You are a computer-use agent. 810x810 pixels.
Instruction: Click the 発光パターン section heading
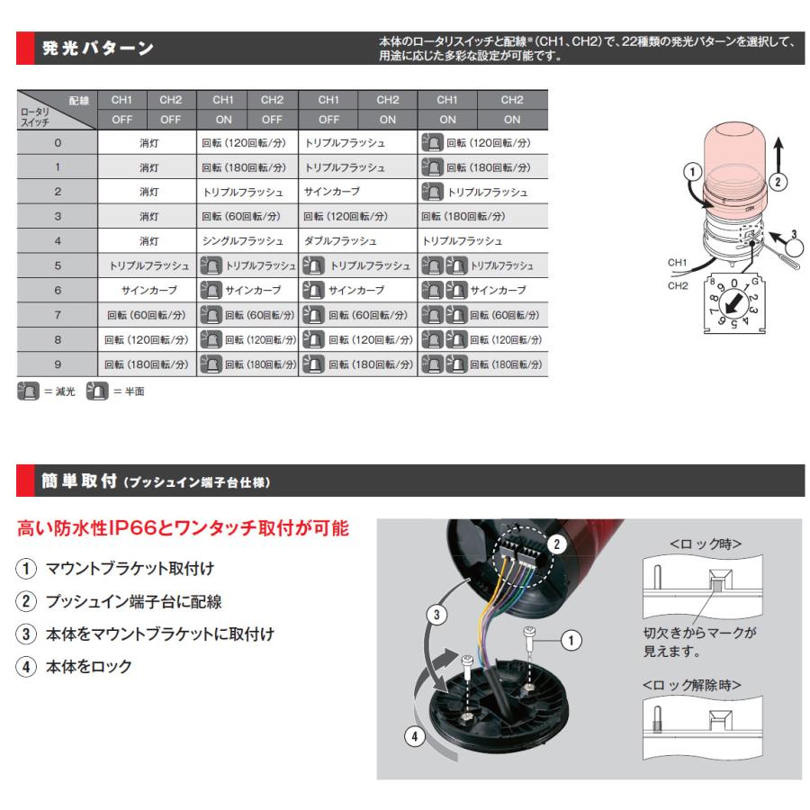(98, 49)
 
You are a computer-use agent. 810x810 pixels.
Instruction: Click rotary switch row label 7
(57, 315)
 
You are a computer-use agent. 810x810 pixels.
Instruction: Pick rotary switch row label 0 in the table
(57, 143)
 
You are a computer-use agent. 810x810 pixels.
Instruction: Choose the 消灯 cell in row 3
(148, 217)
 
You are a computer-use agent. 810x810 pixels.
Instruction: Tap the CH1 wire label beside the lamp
(678, 263)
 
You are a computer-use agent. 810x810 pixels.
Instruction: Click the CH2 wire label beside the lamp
(678, 284)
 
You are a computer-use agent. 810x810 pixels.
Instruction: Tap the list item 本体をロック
(89, 666)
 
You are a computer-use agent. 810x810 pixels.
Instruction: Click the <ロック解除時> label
(692, 685)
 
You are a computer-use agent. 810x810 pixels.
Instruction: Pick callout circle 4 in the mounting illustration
(414, 736)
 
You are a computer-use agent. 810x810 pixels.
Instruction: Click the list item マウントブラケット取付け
(130, 570)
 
